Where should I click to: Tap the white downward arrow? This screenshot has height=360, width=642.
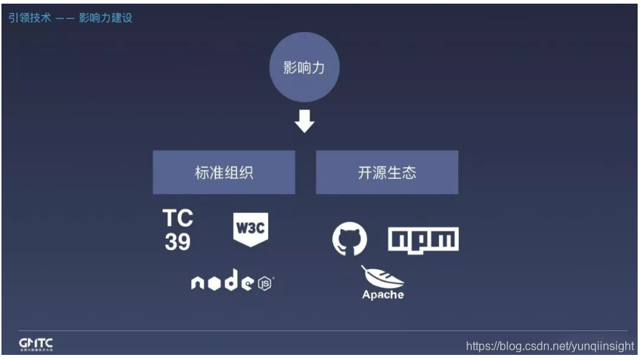pyautogui.click(x=304, y=121)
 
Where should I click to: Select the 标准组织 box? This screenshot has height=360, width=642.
pyautogui.click(x=224, y=173)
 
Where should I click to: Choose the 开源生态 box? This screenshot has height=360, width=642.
pyautogui.click(x=387, y=173)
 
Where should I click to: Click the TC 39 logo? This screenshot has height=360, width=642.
pyautogui.click(x=177, y=231)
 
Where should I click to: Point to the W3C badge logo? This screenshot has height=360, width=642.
pyautogui.click(x=250, y=230)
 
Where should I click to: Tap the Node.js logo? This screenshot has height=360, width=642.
pyautogui.click(x=233, y=283)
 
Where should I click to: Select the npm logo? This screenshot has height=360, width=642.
pyautogui.click(x=423, y=239)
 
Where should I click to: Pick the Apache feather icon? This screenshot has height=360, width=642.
pyautogui.click(x=381, y=278)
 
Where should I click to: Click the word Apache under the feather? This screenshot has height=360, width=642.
pyautogui.click(x=383, y=295)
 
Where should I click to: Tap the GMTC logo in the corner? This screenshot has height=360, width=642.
pyautogui.click(x=36, y=343)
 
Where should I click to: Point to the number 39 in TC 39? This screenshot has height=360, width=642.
pyautogui.click(x=177, y=242)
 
